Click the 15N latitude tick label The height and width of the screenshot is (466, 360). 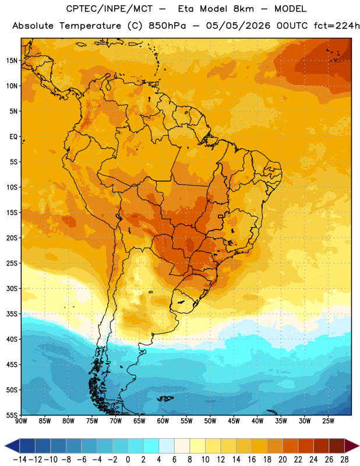12,61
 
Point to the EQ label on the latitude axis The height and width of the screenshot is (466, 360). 13,137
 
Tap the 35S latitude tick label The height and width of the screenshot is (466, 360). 12,314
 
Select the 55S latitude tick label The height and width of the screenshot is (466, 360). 12,415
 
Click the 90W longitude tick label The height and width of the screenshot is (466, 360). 21,421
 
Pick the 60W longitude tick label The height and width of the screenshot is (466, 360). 163,421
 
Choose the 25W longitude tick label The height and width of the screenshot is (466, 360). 328,421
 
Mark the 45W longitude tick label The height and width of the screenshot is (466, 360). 234,421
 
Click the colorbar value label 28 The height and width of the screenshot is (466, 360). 344,460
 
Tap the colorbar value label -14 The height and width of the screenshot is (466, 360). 20,460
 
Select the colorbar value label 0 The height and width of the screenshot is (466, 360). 128,460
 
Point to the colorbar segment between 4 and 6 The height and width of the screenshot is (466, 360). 167,446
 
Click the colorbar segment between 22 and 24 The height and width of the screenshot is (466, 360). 306,446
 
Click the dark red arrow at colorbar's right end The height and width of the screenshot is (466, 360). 351,446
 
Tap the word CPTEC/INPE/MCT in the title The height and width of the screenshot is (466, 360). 109,9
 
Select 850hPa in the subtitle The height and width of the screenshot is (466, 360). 167,26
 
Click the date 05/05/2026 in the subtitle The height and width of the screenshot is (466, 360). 238,26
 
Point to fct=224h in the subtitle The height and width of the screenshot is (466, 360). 337,26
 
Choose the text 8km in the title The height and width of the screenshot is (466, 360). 243,9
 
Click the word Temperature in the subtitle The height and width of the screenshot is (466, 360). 90,26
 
